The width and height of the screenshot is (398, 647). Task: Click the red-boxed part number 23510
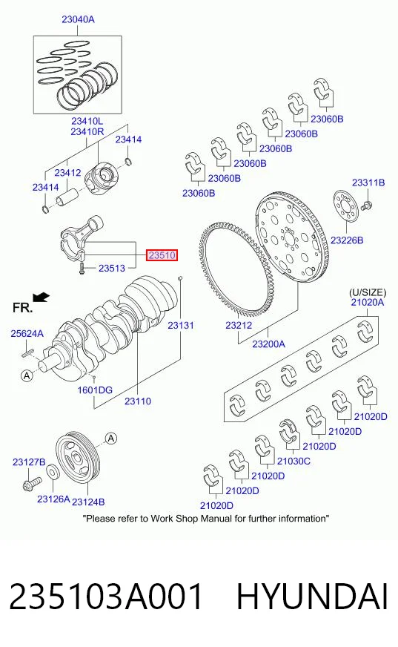pos(162,255)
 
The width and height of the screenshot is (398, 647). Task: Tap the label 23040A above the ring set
pos(78,19)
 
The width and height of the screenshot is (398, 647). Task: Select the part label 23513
pos(112,268)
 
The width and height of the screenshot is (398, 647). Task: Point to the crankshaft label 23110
pos(138,401)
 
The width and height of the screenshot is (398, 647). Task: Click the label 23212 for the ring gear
pos(239,325)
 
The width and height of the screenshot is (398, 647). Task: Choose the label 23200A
pos(268,344)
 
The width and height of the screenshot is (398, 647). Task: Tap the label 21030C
pos(293,461)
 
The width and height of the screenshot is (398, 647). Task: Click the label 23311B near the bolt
pos(368,183)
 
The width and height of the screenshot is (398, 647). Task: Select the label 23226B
pos(347,240)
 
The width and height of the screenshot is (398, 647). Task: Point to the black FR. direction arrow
pos(42,297)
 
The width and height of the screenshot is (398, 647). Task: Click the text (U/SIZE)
pos(368,292)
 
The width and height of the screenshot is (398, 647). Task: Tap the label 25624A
pos(27,333)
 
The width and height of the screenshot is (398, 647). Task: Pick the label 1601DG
pos(95,390)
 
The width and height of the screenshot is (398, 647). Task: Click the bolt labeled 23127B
pos(33,482)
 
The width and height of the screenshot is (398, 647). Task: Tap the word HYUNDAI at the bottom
pos(312,597)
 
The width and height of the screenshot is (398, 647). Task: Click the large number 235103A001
pos(106,597)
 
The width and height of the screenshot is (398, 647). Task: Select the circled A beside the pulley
pos(111,439)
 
